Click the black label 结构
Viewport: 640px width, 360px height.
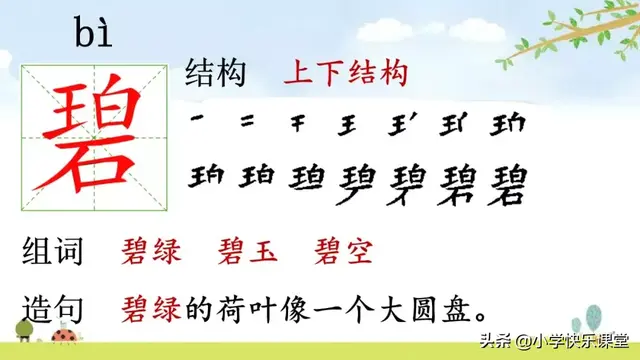point(221,74)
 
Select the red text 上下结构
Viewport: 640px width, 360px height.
point(345,74)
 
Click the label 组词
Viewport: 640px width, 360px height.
point(56,250)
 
